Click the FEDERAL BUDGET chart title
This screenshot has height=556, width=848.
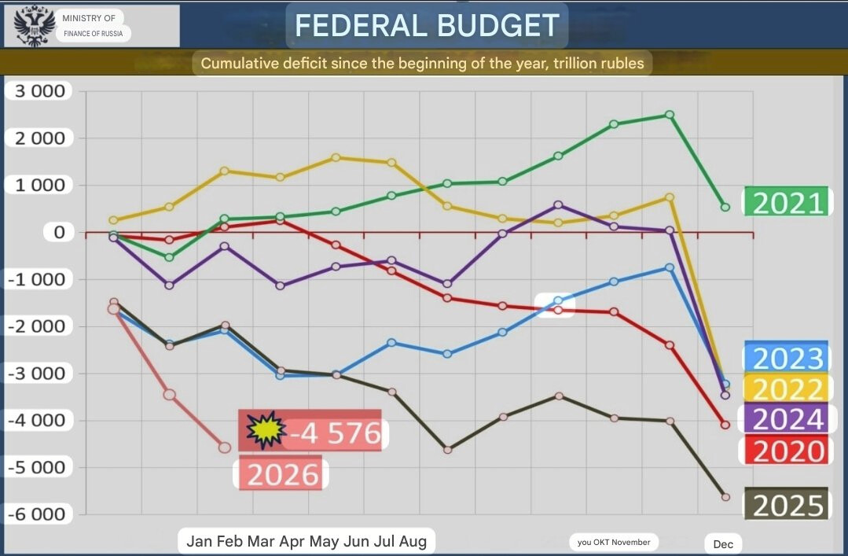coord(427,26)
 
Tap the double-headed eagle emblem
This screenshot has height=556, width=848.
coord(35,27)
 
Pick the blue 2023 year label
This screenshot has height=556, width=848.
coord(786,358)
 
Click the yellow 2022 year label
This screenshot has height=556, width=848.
coord(786,388)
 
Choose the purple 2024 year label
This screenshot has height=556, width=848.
coord(786,419)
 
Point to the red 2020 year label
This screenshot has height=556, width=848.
coord(786,451)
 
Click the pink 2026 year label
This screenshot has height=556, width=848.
coord(282,474)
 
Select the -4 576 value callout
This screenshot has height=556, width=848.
coord(335,433)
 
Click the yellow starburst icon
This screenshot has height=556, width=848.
coord(261,430)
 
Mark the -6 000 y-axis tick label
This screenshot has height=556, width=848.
coord(37,514)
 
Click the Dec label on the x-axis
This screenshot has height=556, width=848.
coord(723,543)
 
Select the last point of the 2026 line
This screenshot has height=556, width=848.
coord(225,447)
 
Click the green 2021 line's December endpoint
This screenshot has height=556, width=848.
coord(725,208)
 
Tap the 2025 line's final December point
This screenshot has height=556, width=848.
coord(725,497)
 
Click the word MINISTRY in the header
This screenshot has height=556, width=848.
coord(88,18)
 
